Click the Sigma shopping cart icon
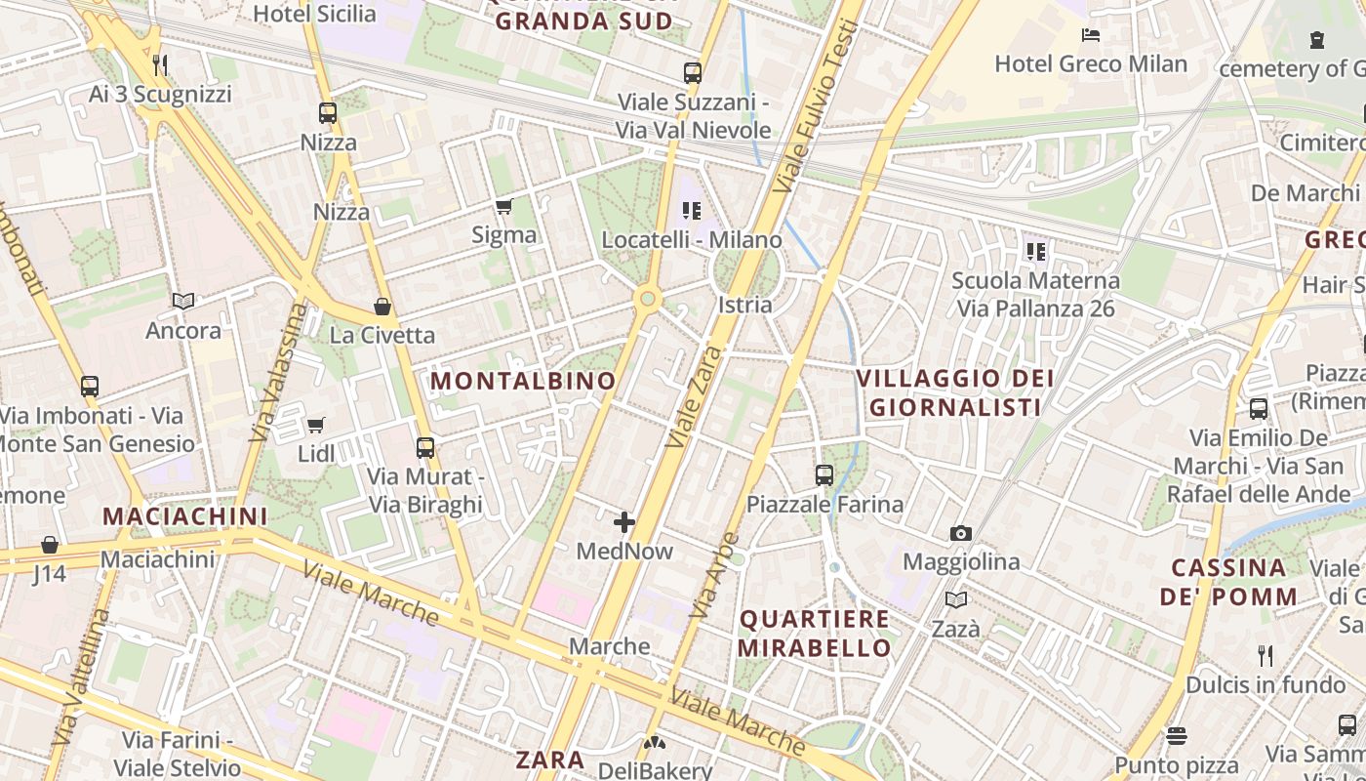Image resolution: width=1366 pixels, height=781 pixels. click(x=503, y=206)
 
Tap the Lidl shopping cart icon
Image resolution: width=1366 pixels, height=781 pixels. click(x=315, y=425)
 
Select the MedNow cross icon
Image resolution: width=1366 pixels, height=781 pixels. click(x=624, y=522)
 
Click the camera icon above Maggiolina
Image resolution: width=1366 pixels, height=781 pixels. click(x=961, y=533)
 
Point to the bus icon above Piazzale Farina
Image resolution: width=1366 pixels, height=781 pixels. click(x=824, y=475)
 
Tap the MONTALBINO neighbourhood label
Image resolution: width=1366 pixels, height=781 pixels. click(x=523, y=381)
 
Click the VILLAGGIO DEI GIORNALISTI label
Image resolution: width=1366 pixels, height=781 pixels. click(x=955, y=392)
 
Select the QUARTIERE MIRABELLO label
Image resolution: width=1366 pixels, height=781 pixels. click(x=815, y=633)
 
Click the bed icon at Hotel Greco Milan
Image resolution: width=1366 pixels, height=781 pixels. click(x=1091, y=36)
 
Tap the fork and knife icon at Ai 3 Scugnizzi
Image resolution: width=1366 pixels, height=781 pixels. click(x=161, y=65)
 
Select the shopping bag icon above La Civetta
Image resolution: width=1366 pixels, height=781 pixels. click(x=382, y=307)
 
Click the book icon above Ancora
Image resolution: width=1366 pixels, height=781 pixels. click(x=183, y=301)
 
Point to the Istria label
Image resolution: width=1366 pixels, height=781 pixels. click(x=744, y=305)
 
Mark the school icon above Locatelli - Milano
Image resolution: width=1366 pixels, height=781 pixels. click(x=692, y=210)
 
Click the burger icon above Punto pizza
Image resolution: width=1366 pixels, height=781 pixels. click(x=1177, y=735)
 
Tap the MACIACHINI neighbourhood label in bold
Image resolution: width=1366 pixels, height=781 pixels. click(x=184, y=515)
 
